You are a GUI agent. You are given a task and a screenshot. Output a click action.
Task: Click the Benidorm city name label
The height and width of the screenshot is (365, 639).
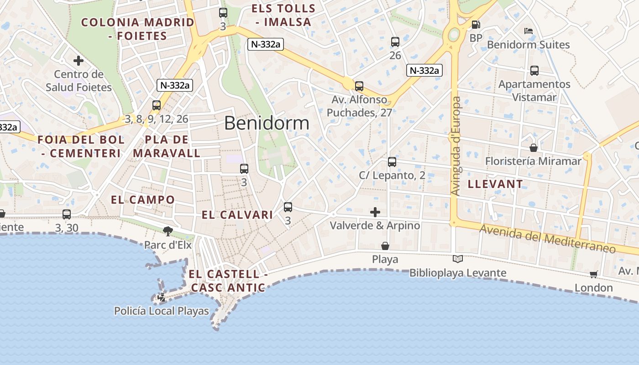[267, 123]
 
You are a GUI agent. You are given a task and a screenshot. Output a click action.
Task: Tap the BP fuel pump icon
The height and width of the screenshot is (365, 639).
[476, 25]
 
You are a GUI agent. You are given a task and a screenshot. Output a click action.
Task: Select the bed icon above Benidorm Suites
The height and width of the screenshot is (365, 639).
[529, 31]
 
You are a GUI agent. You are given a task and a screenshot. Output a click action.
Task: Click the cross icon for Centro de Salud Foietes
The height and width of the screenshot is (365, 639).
[79, 60]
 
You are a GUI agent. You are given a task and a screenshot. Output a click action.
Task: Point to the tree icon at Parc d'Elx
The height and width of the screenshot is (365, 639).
[168, 231]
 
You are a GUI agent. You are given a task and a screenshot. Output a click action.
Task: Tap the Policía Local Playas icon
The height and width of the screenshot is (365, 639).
[161, 298]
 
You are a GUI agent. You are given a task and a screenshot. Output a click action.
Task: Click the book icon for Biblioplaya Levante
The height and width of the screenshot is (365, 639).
[457, 259]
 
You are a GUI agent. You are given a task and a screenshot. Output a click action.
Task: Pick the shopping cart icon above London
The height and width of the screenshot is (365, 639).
[593, 274]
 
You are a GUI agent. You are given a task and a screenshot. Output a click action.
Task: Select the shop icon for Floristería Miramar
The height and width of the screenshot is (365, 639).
[533, 148]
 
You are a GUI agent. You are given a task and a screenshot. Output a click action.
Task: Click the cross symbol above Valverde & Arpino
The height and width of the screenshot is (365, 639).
[375, 212]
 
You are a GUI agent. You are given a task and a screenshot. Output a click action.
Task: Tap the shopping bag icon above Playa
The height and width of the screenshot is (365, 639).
[385, 246]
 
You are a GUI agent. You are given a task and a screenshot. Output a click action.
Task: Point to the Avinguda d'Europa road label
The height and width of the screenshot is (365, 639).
[456, 146]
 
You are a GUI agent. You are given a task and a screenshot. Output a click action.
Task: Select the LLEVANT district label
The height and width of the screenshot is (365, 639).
[495, 184]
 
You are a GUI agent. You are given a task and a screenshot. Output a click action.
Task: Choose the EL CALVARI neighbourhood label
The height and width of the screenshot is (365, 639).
[237, 215]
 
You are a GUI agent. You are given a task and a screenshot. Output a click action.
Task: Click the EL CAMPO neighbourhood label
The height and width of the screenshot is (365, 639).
[143, 199]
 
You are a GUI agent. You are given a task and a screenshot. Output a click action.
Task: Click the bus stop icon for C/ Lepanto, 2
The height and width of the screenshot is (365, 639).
[392, 162]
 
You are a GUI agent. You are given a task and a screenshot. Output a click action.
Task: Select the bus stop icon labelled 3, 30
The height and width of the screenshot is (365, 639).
[67, 214]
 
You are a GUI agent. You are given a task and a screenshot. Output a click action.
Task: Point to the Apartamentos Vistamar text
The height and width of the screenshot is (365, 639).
[534, 90]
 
